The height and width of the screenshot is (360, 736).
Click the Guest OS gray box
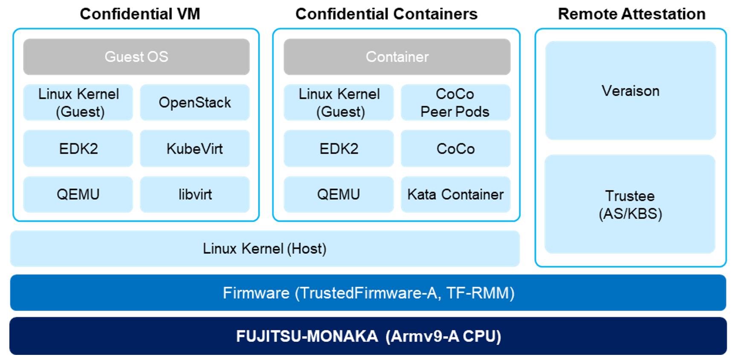[136, 57]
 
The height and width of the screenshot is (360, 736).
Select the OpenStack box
[195, 102]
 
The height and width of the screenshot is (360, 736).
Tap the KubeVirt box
[195, 148]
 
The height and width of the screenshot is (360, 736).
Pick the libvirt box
[195, 195]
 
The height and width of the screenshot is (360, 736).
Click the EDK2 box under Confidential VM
[78, 148]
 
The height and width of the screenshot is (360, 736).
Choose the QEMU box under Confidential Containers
[339, 195]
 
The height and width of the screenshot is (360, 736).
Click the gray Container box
[397, 57]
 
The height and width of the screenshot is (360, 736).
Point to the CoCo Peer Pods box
[455, 102]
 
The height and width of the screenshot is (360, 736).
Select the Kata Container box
[455, 195]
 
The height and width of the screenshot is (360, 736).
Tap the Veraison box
[630, 90]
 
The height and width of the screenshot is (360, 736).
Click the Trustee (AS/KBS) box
[630, 204]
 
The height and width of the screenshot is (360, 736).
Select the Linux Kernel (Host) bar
[264, 249]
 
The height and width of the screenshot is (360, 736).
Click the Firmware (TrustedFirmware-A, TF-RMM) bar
[368, 293]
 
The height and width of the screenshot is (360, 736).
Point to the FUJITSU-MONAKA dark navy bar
[368, 336]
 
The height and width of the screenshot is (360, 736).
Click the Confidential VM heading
[140, 14]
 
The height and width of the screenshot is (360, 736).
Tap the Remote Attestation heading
[632, 14]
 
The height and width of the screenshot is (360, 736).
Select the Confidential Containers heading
[386, 14]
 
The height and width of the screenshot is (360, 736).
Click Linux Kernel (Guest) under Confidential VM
[78, 102]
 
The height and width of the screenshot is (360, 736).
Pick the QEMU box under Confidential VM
[78, 195]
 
